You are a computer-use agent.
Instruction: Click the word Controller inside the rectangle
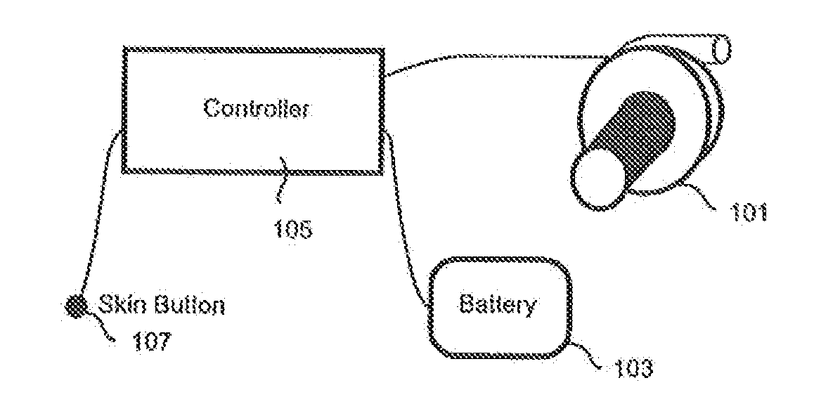coord(257,110)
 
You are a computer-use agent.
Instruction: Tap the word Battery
coord(497,306)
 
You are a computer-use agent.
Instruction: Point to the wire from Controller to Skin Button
coord(98,211)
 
